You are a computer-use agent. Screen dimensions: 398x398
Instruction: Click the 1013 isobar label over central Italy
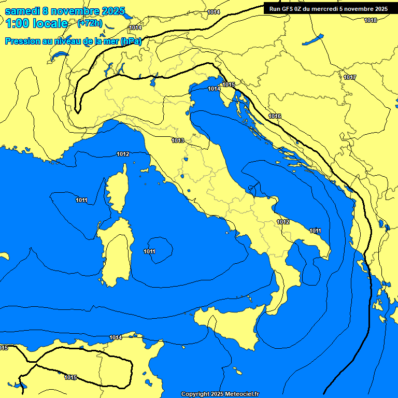[x=178, y=140]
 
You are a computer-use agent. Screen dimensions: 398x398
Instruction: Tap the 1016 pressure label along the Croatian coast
[x=275, y=116]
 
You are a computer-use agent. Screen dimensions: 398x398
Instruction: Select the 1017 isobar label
[x=350, y=77]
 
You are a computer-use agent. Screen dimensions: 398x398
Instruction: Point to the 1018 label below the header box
[x=371, y=20]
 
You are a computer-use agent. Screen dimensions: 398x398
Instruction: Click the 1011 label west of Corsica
[x=81, y=200]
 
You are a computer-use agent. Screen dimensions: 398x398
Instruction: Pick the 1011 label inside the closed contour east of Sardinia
[x=150, y=251]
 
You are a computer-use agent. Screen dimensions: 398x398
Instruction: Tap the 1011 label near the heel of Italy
[x=315, y=231]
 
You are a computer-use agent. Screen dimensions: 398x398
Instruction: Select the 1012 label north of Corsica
[x=123, y=154]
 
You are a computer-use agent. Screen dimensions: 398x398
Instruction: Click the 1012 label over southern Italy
[x=283, y=222]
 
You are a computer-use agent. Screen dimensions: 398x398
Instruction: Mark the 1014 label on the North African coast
[x=116, y=337]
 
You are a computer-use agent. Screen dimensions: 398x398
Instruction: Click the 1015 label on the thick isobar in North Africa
[x=70, y=377]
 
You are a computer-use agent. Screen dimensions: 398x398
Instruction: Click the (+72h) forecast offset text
[x=90, y=24]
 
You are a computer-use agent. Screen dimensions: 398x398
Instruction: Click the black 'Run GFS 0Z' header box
[x=329, y=9]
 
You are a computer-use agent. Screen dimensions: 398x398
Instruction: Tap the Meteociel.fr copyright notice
[x=220, y=394]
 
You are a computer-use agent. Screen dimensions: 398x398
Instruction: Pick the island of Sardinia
[x=115, y=251]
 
